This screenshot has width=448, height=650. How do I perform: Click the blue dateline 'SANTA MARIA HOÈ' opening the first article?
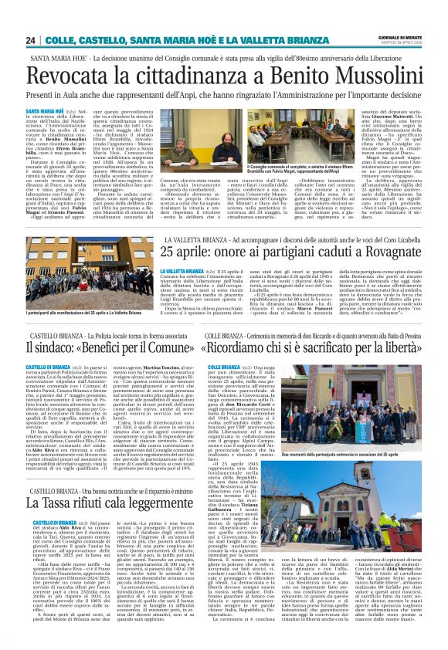[x=45, y=112]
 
